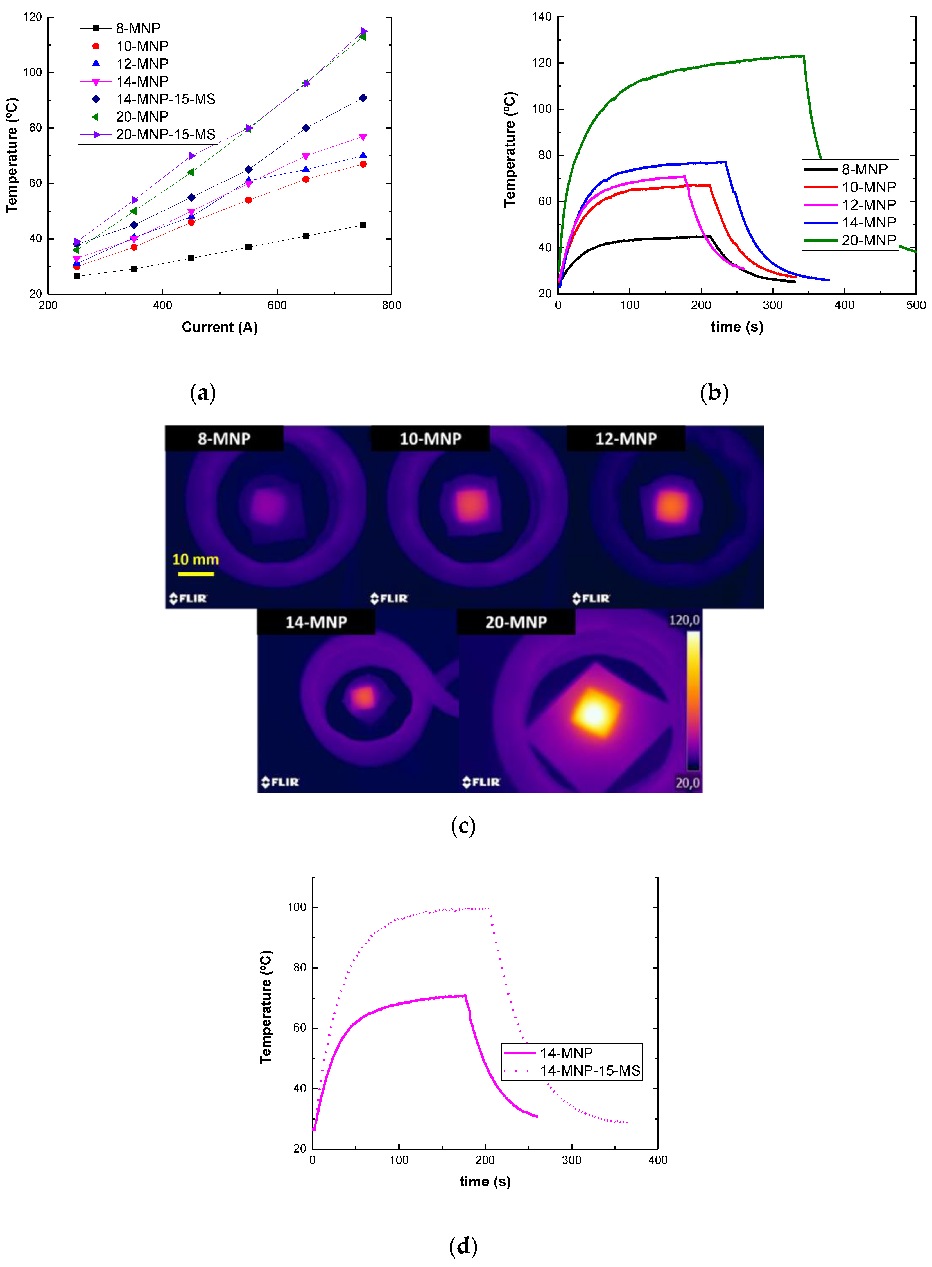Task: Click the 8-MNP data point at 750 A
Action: pos(363,225)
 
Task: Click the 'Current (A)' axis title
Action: pos(220,327)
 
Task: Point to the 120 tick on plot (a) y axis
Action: pos(33,17)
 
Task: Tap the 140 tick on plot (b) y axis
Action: pos(542,17)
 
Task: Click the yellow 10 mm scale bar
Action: pos(196,574)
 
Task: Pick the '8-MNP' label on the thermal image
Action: pos(224,439)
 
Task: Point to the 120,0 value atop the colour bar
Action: pos(684,620)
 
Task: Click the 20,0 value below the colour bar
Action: pos(687,783)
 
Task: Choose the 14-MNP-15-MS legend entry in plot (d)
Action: pos(590,1071)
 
